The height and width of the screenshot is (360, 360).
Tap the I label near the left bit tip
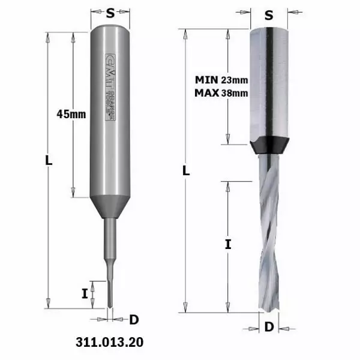[x=85, y=293]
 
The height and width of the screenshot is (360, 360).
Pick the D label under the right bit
[x=269, y=327]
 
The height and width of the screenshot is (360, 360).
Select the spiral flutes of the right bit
[x=269, y=234]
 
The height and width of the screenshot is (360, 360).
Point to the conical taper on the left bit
[x=110, y=207]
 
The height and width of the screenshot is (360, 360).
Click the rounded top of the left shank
[x=110, y=31]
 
